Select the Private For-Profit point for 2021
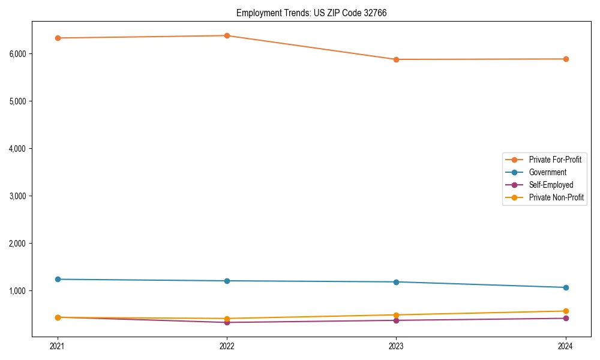[58, 38]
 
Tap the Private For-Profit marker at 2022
[227, 35]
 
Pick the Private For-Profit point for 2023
[396, 59]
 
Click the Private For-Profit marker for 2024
[565, 59]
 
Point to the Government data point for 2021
[58, 279]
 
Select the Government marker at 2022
[227, 281]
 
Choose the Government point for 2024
[565, 287]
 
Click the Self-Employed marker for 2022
[227, 322]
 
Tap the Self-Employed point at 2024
[565, 318]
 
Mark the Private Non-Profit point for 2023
[396, 315]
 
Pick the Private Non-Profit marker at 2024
[565, 311]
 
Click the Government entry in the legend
[547, 172]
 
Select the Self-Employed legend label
[551, 185]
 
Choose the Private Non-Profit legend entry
[556, 197]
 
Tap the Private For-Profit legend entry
[555, 160]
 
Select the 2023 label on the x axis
[396, 346]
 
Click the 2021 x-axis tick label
[58, 346]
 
